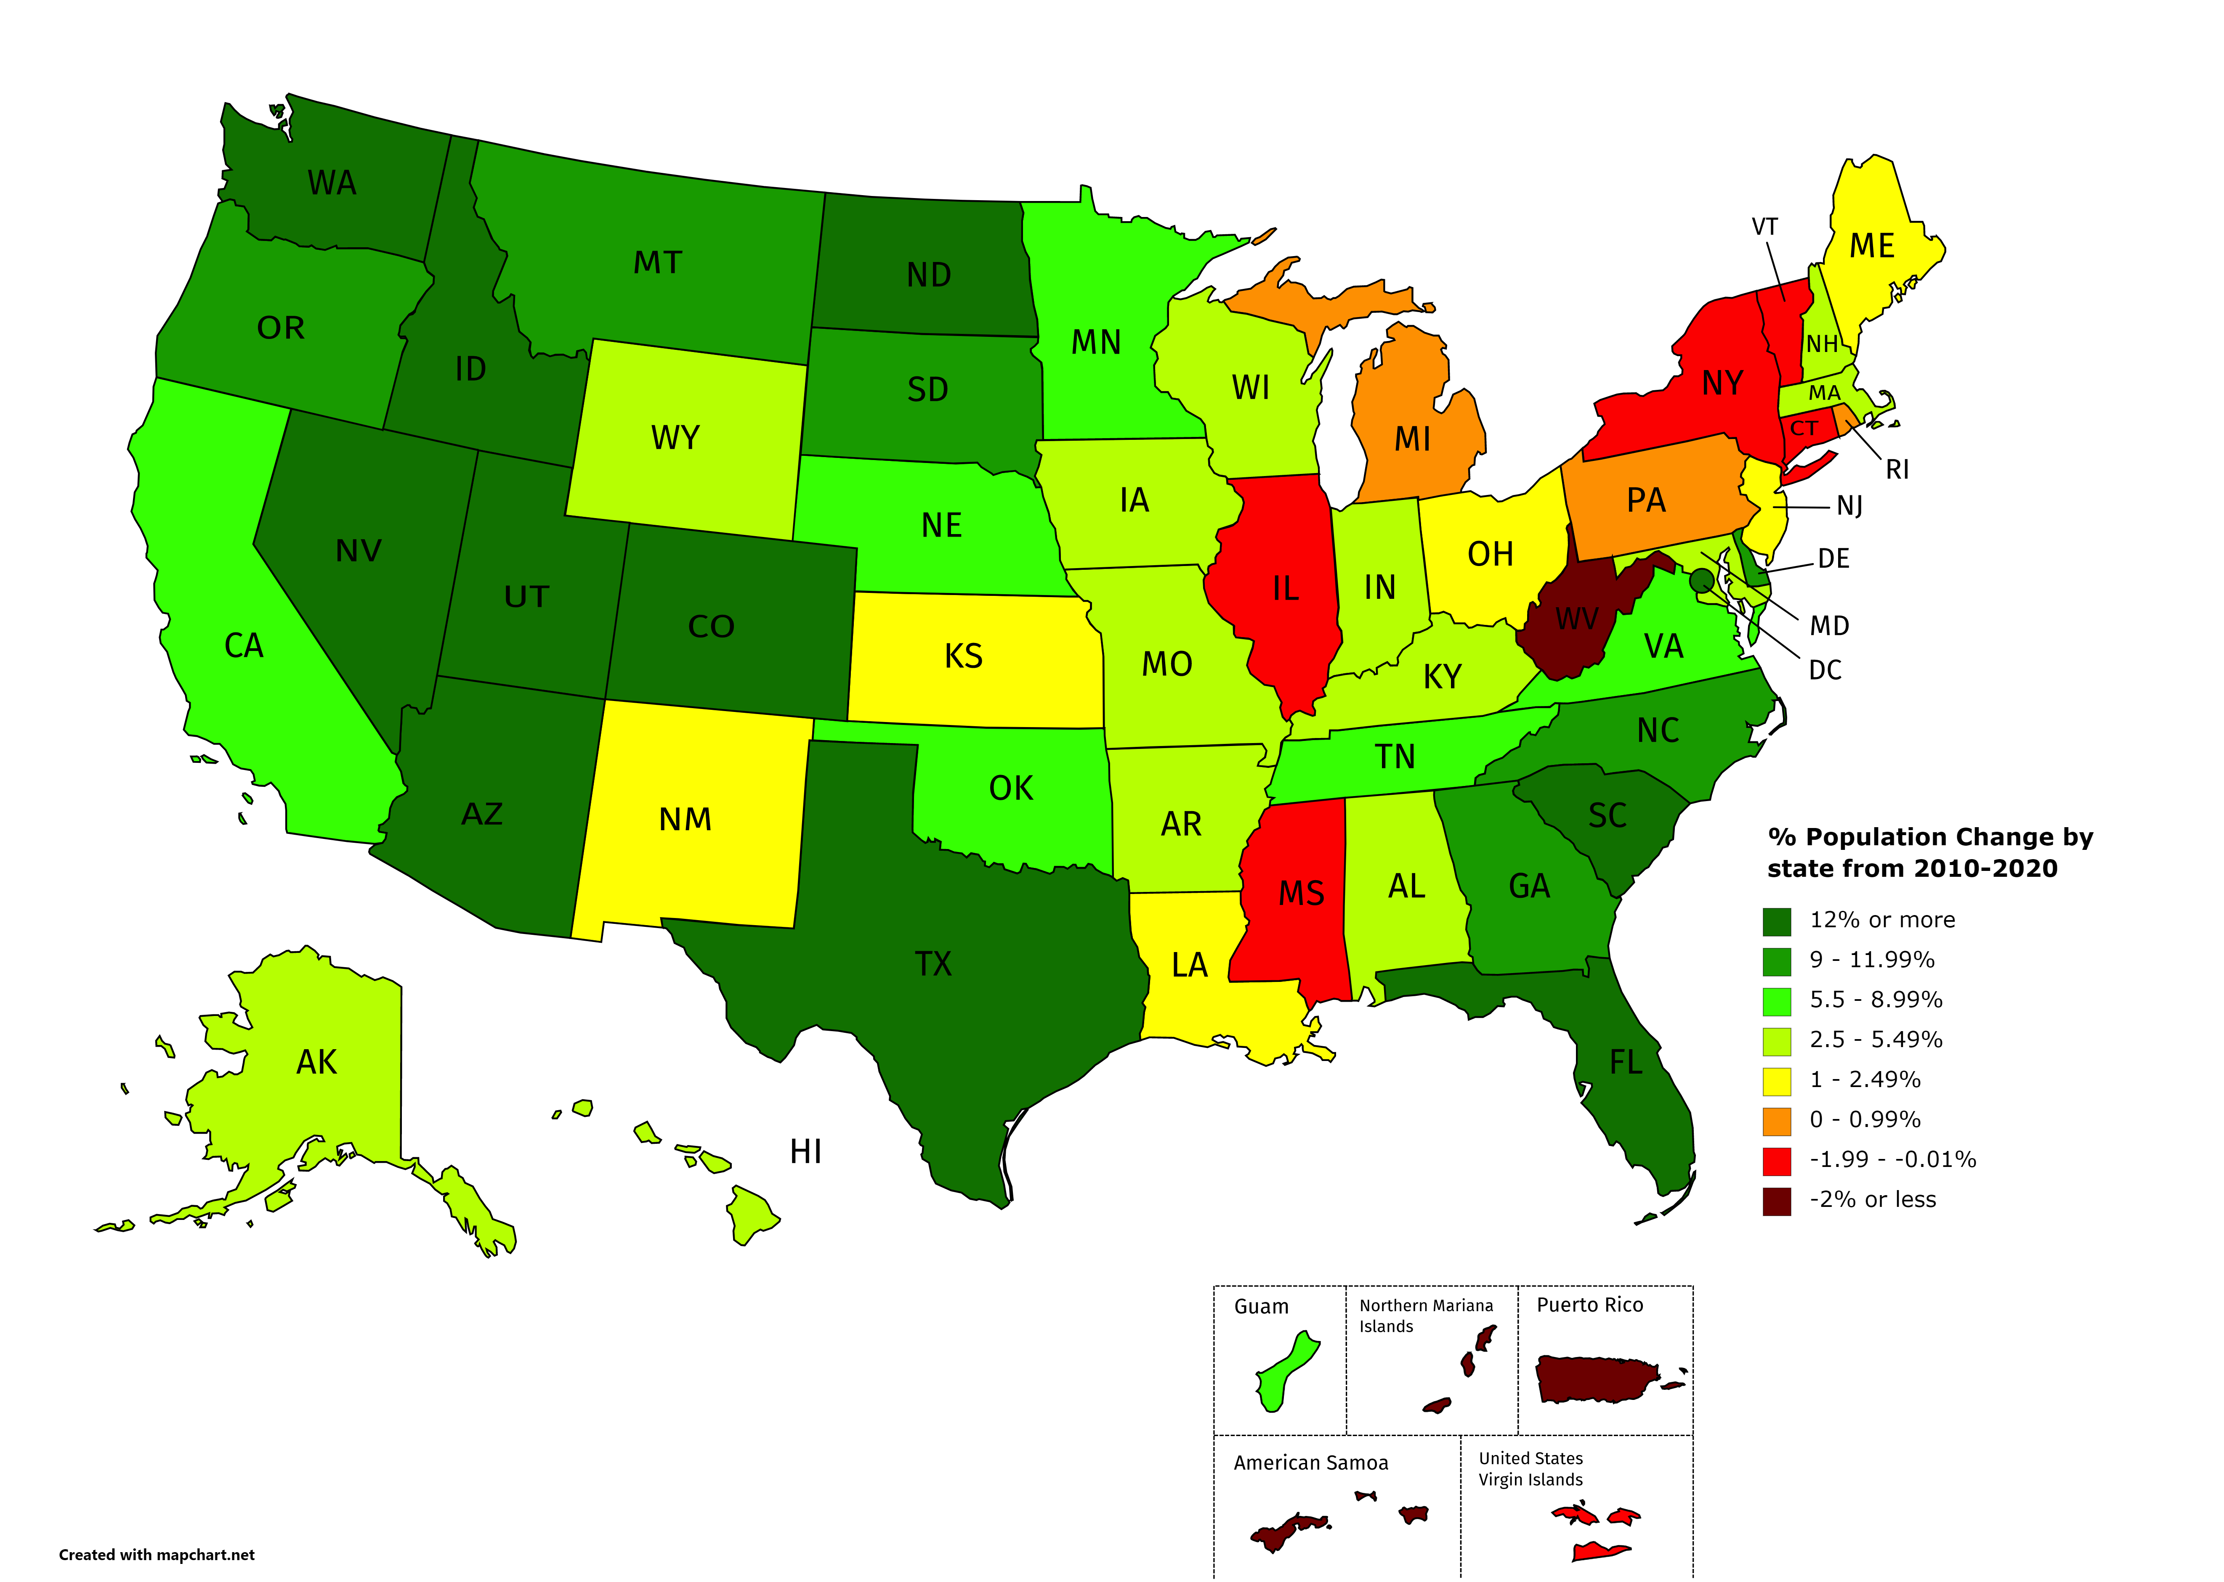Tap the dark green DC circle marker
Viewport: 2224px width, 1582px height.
tap(1702, 582)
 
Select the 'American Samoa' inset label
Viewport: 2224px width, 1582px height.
tap(1311, 1463)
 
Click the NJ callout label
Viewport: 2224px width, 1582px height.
tap(1849, 507)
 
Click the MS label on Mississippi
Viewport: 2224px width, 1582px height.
tap(1301, 893)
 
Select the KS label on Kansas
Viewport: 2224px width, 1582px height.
tap(963, 656)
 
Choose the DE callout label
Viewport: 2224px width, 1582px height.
tap(1833, 559)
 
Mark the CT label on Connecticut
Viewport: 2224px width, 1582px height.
tap(1804, 429)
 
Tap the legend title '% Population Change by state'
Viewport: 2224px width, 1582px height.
tap(1930, 852)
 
